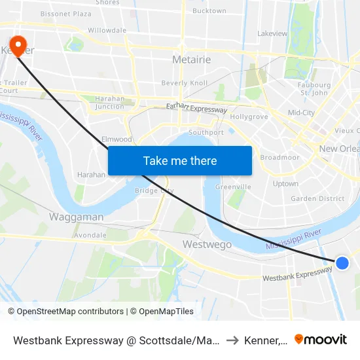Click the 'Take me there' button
pyautogui.click(x=180, y=160)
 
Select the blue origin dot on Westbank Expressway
pyautogui.click(x=342, y=262)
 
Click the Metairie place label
pyautogui.click(x=191, y=60)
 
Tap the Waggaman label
pyautogui.click(x=77, y=217)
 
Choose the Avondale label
pyautogui.click(x=90, y=235)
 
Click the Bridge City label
pyautogui.click(x=154, y=190)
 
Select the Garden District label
pyautogui.click(x=317, y=198)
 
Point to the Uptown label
pyautogui.click(x=285, y=184)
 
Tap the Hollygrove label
pyautogui.click(x=249, y=117)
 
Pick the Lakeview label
pyautogui.click(x=272, y=33)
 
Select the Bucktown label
pyautogui.click(x=209, y=11)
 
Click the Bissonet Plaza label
pyautogui.click(x=66, y=13)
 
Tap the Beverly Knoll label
pyautogui.click(x=185, y=83)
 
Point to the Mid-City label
pyautogui.click(x=301, y=113)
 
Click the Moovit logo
pyautogui.click(x=321, y=339)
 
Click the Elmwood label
pyautogui.click(x=117, y=139)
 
